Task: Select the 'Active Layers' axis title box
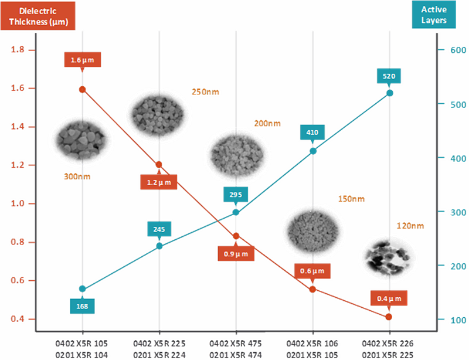click(x=434, y=15)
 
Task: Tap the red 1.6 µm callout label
click(x=82, y=60)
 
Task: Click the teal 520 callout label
click(x=389, y=76)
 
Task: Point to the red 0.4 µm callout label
click(x=389, y=298)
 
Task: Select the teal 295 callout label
click(x=236, y=195)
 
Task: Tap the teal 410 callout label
click(x=312, y=133)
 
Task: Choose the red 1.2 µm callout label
click(x=159, y=182)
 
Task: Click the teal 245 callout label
click(x=159, y=230)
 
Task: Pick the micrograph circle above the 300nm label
click(x=81, y=139)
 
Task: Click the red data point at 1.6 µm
click(x=82, y=90)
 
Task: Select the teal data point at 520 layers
click(x=389, y=93)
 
